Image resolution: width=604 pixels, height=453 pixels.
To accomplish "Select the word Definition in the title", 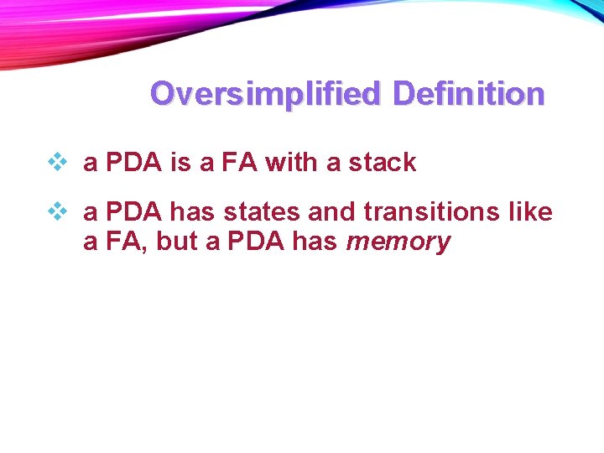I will (468, 93).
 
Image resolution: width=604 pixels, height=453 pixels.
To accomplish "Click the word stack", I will (383, 162).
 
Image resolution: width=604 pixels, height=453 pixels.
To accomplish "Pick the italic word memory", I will (398, 242).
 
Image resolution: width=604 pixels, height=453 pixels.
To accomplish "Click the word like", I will (530, 212).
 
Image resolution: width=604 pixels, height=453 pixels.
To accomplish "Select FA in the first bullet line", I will (240, 162).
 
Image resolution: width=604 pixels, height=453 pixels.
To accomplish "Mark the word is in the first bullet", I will (181, 162).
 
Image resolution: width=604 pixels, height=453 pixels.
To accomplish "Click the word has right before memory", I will (315, 242).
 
